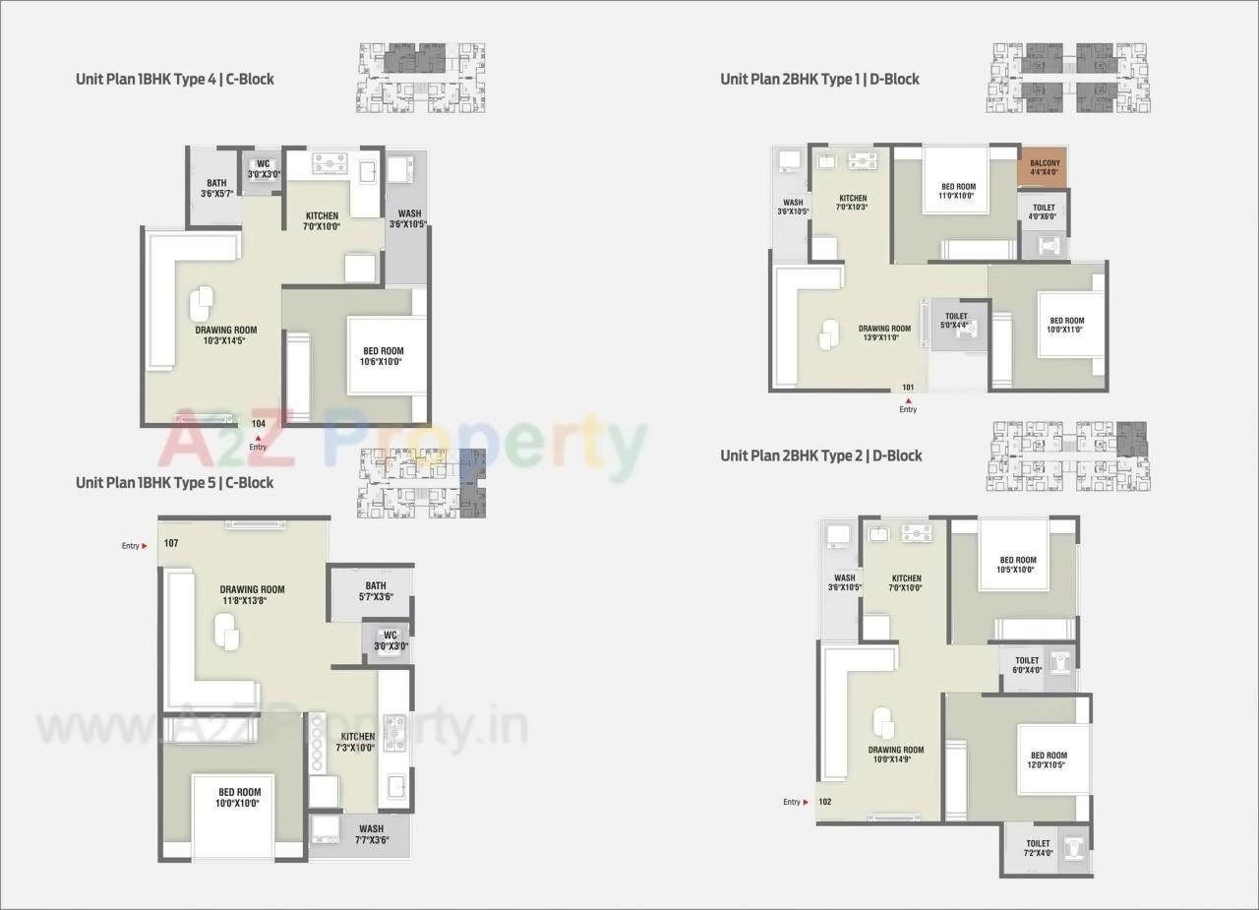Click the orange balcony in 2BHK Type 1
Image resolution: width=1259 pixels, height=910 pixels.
(x=1045, y=166)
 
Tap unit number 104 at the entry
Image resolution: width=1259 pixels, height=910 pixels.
(x=258, y=424)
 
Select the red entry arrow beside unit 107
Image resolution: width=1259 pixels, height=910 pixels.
(x=145, y=545)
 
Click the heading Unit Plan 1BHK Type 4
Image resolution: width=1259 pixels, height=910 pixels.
(x=175, y=79)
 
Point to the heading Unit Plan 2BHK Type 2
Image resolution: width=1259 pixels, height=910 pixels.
(x=821, y=455)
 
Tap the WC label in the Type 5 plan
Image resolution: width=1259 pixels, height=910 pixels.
(x=390, y=640)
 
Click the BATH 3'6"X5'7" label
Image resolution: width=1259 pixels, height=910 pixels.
(x=216, y=188)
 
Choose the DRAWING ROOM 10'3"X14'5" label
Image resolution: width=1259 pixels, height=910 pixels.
(x=225, y=335)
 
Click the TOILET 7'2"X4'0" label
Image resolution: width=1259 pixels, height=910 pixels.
(x=1038, y=848)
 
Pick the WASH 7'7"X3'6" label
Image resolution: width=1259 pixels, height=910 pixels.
(x=371, y=833)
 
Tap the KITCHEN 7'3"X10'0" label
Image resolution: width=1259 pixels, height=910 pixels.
(x=357, y=741)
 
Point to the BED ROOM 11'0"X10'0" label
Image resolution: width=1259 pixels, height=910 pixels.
(x=958, y=191)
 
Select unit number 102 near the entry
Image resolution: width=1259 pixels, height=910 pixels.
(x=824, y=802)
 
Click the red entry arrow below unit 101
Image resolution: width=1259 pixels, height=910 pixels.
(x=908, y=399)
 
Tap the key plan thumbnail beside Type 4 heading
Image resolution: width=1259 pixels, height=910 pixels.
(x=422, y=77)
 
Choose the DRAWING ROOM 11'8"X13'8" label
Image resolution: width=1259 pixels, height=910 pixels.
(x=252, y=595)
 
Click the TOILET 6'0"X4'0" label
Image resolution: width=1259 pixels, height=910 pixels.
(x=1027, y=665)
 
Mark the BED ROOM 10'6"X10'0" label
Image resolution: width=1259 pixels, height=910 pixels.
(x=382, y=356)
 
